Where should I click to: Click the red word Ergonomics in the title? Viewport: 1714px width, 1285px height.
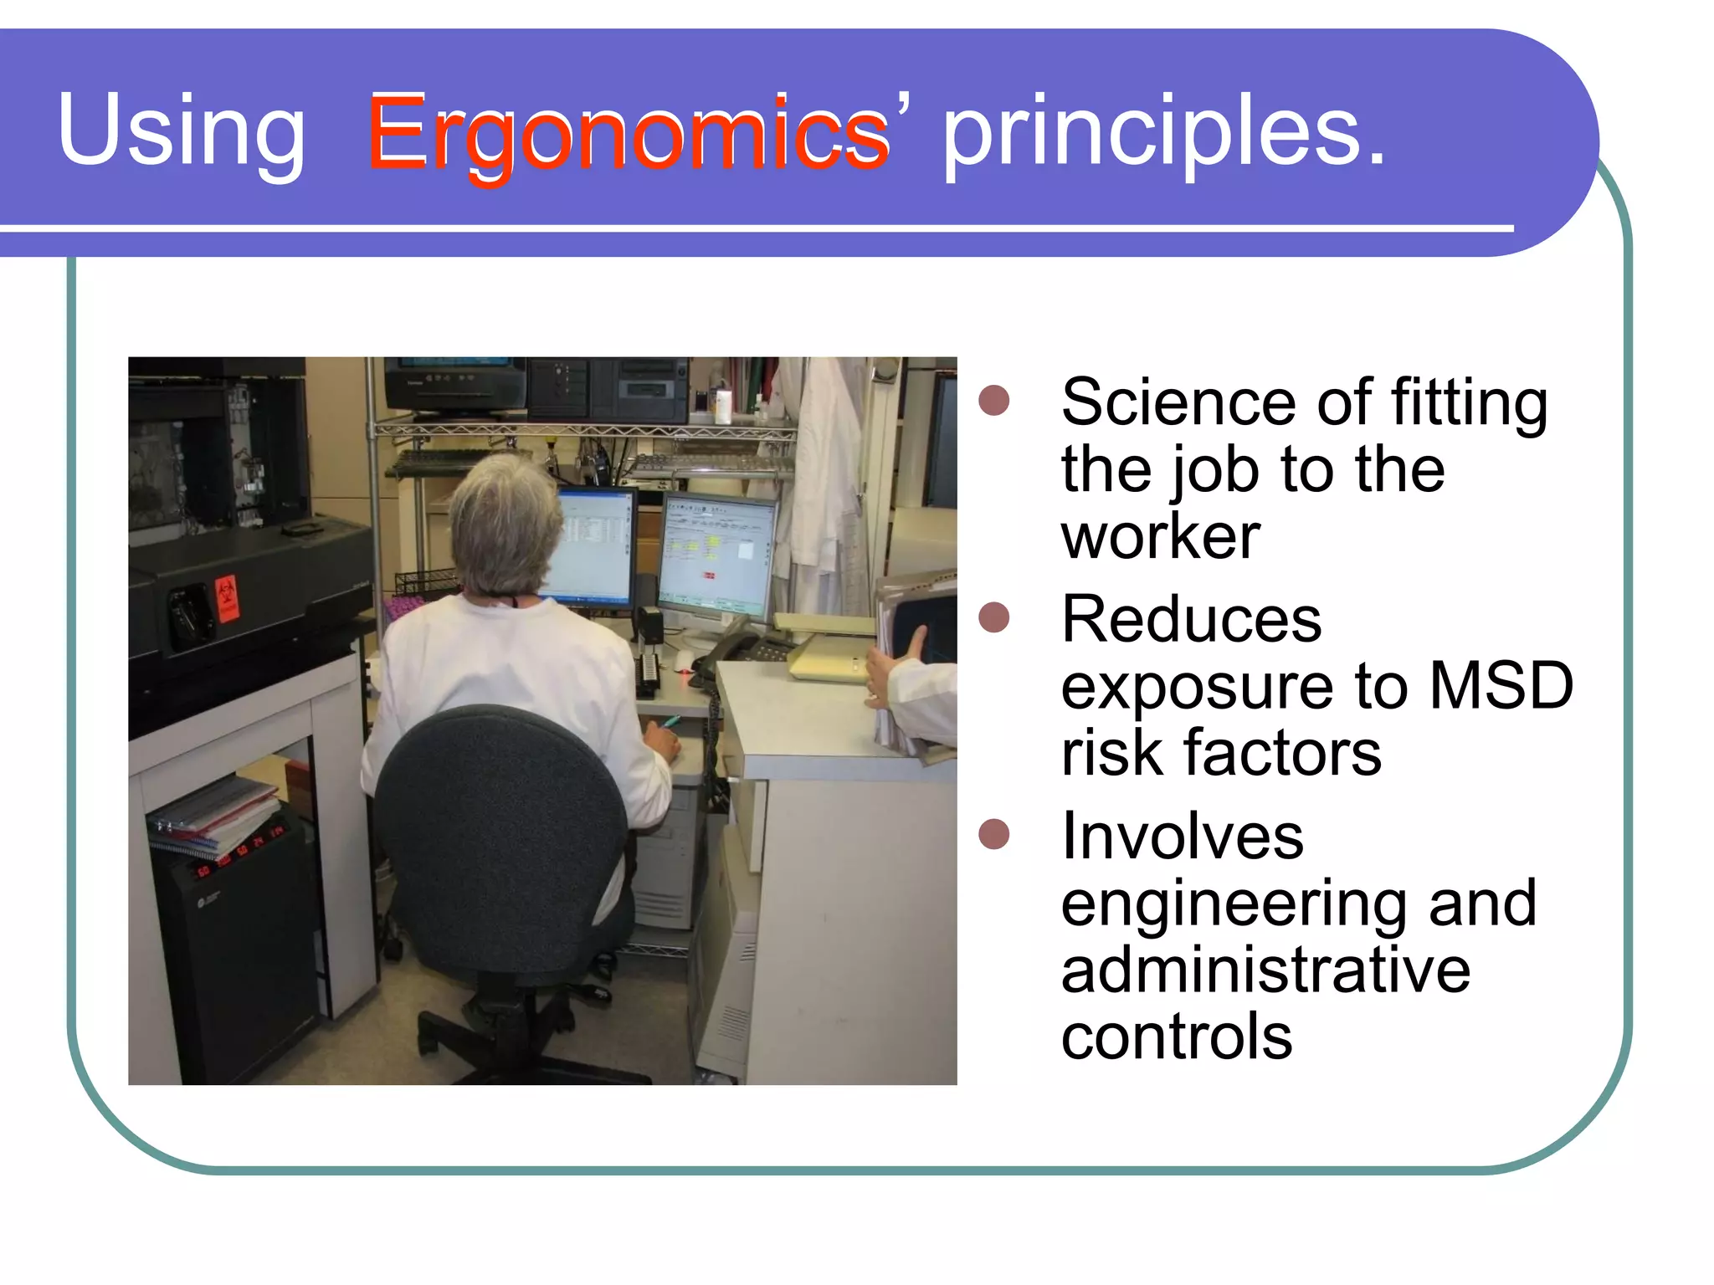click(x=628, y=134)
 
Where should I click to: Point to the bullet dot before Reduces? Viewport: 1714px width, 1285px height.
click(x=994, y=617)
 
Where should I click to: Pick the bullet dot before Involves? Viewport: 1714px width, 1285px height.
click(x=994, y=834)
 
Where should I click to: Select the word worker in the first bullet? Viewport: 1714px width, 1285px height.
click(x=1160, y=536)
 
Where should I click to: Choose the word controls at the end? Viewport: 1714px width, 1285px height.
click(x=1176, y=1037)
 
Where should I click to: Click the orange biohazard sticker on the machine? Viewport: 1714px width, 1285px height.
click(x=226, y=599)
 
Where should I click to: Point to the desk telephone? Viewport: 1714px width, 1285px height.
click(x=736, y=649)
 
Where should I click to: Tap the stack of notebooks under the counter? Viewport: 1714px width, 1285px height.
click(x=213, y=816)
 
